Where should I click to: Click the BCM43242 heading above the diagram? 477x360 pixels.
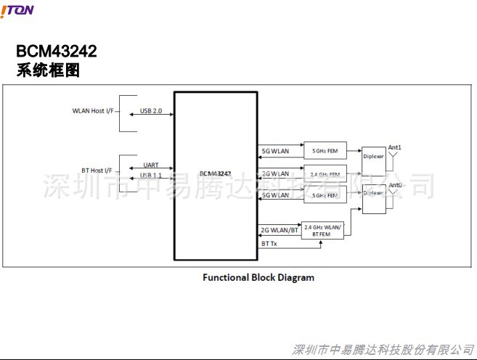(57, 52)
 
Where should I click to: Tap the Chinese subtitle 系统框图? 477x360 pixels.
(48, 71)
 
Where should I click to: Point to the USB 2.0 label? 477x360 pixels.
(151, 111)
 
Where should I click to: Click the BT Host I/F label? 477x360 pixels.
(96, 171)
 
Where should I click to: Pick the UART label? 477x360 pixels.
(151, 165)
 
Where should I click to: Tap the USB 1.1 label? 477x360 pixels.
(151, 176)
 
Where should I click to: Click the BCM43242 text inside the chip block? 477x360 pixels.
(215, 174)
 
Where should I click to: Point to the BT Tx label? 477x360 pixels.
(269, 245)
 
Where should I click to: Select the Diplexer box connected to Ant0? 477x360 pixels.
(374, 194)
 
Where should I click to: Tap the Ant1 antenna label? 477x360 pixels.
(395, 147)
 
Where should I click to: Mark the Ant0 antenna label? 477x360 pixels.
(396, 187)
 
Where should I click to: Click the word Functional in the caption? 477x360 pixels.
(225, 277)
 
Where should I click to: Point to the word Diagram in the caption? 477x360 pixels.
(296, 277)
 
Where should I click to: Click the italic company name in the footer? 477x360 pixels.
(382, 350)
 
